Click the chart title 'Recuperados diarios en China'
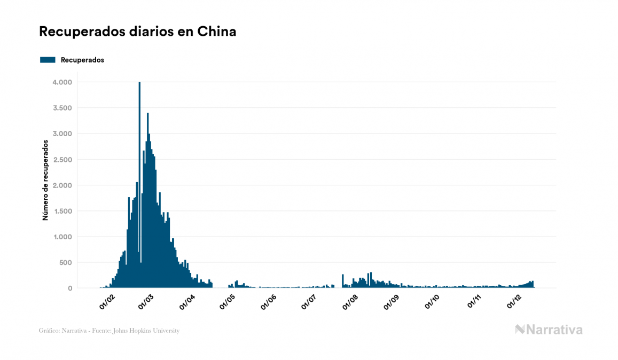pyautogui.click(x=137, y=32)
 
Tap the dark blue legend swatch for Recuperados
pyautogui.click(x=48, y=60)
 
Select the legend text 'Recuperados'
pyautogui.click(x=82, y=60)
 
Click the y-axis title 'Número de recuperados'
pyautogui.click(x=45, y=181)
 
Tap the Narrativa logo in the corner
pyautogui.click(x=548, y=330)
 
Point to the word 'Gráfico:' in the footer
pyautogui.click(x=49, y=331)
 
